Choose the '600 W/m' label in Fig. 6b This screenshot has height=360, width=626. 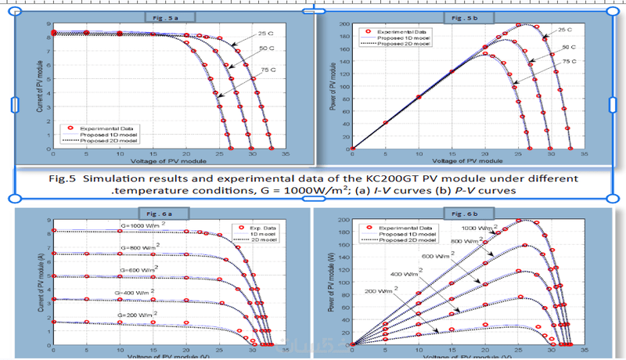pyautogui.click(x=433, y=255)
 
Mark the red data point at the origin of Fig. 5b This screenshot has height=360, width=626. pyautogui.click(x=353, y=148)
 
